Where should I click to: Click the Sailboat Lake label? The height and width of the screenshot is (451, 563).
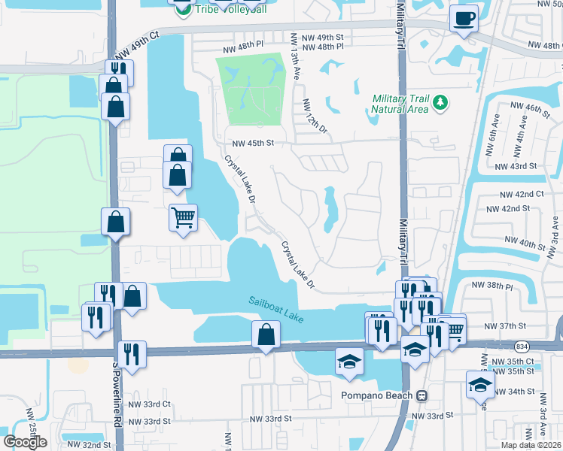(276, 310)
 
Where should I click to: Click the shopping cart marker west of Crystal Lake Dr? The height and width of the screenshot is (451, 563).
(183, 218)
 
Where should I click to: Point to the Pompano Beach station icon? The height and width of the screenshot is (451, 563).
(422, 395)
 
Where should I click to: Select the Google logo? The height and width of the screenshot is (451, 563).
(25, 442)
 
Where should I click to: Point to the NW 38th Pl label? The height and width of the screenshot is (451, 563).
(491, 286)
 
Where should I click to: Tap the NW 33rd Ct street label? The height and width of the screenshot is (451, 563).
(151, 404)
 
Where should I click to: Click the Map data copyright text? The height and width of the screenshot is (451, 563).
(531, 445)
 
